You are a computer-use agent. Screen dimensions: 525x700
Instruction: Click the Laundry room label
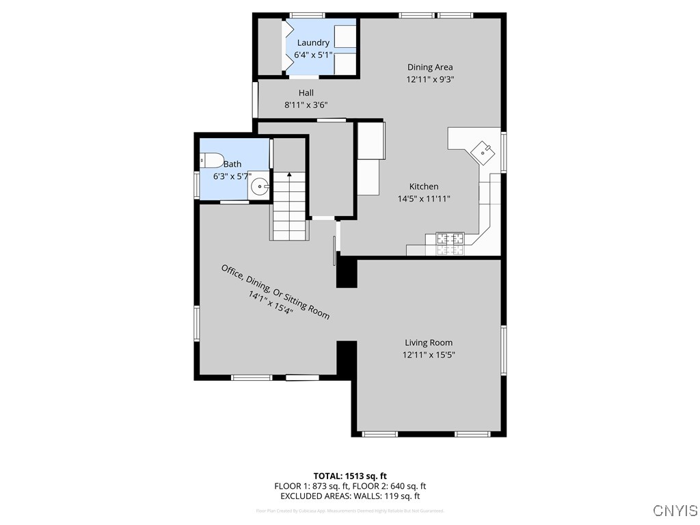point(313,43)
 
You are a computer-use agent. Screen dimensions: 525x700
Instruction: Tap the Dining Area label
point(430,67)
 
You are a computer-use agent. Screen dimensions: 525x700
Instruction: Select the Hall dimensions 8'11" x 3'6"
point(306,105)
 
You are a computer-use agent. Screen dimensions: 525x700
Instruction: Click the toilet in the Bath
point(213,161)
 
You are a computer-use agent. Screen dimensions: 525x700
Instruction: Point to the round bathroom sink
point(260,186)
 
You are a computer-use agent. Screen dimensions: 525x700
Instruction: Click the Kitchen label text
point(424,187)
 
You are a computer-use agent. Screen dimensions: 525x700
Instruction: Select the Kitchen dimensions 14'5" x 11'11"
point(424,199)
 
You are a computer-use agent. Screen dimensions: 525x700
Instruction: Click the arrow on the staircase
point(290,175)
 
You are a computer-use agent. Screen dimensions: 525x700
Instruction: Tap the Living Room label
point(429,342)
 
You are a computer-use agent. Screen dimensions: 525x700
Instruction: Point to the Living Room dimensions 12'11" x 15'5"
point(429,355)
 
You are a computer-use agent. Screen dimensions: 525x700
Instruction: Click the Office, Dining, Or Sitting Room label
point(275,291)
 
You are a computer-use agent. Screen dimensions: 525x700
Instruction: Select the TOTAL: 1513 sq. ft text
point(350,476)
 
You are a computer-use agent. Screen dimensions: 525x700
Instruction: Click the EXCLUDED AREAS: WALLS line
point(350,496)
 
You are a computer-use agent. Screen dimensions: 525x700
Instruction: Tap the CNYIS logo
point(675,511)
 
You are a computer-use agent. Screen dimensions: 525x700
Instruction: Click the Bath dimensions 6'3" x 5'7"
point(232,176)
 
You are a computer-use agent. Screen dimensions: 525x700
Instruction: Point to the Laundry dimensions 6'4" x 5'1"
point(313,55)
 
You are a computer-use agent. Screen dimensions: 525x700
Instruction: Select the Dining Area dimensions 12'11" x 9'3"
point(430,79)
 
